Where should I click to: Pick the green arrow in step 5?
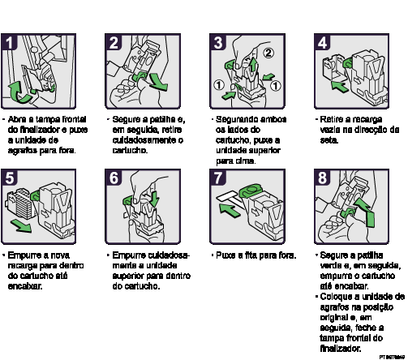(23, 225)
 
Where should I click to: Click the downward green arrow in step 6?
(155, 199)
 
